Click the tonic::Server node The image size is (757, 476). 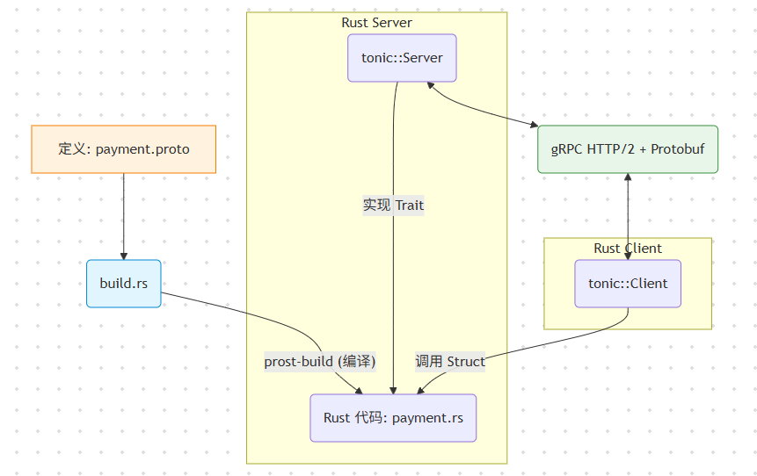tap(402, 58)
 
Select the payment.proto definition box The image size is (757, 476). tap(123, 149)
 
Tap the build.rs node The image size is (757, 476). tap(124, 284)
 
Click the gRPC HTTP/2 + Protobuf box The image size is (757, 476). tap(628, 149)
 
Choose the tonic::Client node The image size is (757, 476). tap(628, 284)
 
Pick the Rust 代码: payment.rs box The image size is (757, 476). tap(393, 418)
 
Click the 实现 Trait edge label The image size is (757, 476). tap(393, 206)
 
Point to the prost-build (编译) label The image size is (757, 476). tap(320, 362)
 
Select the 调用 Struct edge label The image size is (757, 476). tap(450, 362)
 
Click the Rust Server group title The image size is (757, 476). tap(376, 23)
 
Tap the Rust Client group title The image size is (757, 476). tap(628, 249)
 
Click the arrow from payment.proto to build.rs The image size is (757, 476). tap(123, 215)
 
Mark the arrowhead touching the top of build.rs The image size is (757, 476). tap(123, 255)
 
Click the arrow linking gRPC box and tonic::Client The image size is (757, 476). tap(628, 215)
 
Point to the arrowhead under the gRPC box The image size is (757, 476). tap(628, 178)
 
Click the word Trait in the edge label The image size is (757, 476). tap(410, 206)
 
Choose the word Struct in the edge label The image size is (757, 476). tap(466, 362)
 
